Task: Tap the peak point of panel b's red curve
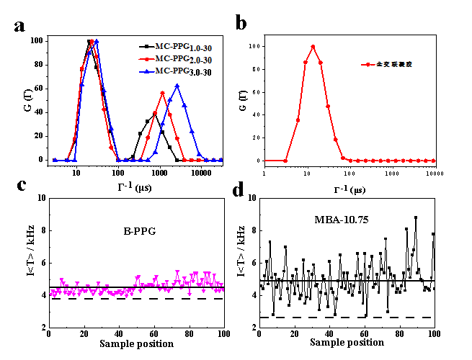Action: tap(313, 47)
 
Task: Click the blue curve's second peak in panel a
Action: tap(177, 86)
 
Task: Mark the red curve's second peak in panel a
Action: tap(163, 93)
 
